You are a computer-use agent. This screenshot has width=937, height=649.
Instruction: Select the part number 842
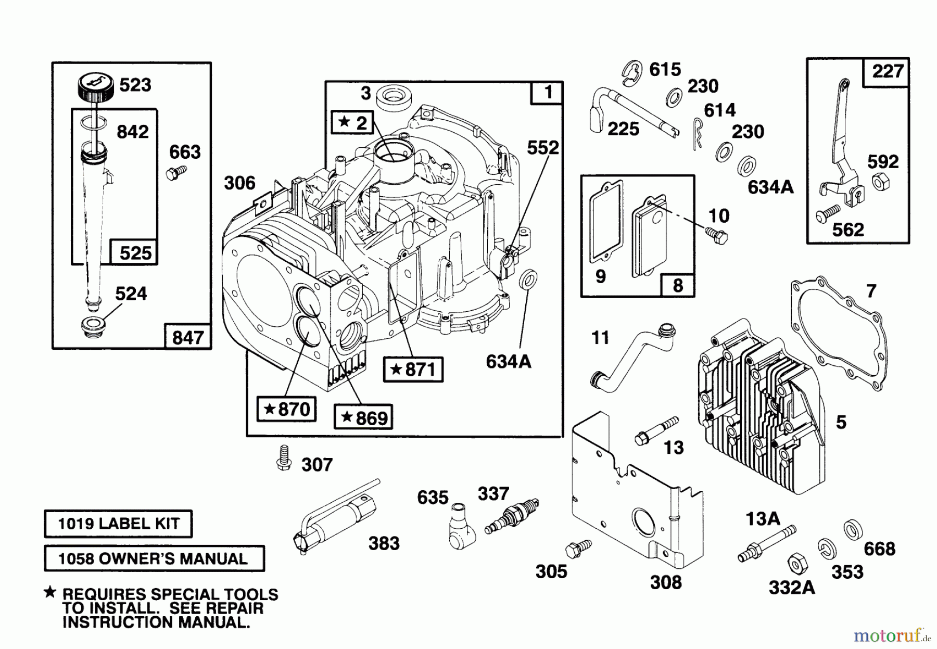pyautogui.click(x=132, y=132)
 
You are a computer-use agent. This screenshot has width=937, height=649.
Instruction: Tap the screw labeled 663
pyautogui.click(x=174, y=172)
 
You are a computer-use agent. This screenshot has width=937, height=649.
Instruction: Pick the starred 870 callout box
pyautogui.click(x=287, y=409)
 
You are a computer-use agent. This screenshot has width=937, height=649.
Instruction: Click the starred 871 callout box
pyautogui.click(x=413, y=370)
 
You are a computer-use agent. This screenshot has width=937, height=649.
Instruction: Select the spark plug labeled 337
pyautogui.click(x=512, y=516)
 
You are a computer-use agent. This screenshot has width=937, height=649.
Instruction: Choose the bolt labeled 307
pyautogui.click(x=284, y=458)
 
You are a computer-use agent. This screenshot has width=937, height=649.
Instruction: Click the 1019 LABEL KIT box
pyautogui.click(x=118, y=524)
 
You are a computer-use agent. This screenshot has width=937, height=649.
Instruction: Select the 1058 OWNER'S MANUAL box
pyautogui.click(x=154, y=558)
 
